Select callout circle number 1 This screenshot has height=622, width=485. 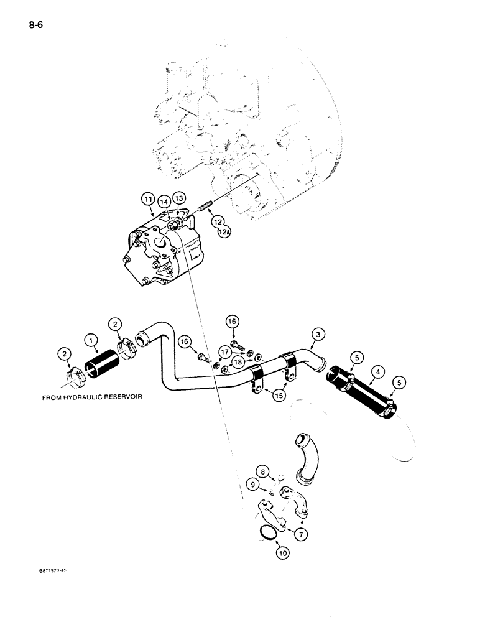91,340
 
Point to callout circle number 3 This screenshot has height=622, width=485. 318,336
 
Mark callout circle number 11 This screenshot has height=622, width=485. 149,199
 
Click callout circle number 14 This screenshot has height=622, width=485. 164,202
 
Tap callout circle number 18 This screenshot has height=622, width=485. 238,362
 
